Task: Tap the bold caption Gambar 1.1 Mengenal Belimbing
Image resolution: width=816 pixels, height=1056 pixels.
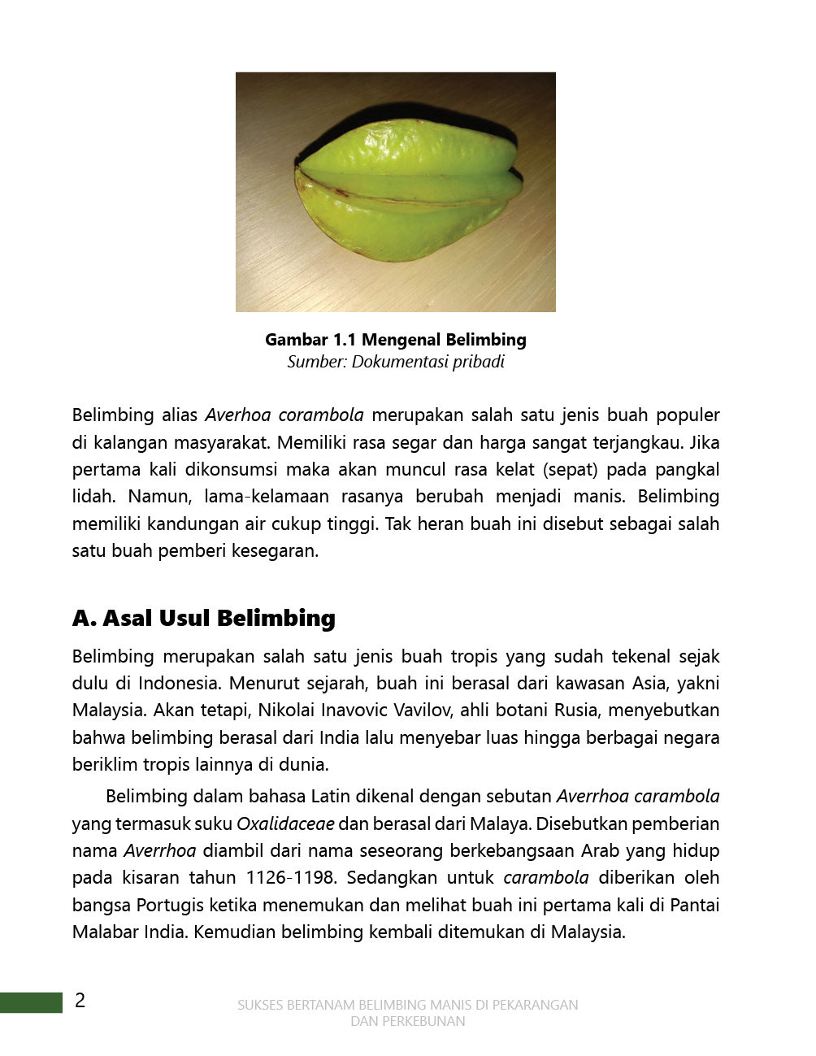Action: coord(396,340)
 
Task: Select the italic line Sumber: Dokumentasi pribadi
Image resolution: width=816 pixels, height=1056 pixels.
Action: coord(396,362)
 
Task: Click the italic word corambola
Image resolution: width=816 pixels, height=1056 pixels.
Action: coord(321,415)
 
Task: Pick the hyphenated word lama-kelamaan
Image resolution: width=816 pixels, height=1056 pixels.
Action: coord(267,496)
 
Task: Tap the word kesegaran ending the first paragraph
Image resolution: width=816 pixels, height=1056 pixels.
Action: coord(276,550)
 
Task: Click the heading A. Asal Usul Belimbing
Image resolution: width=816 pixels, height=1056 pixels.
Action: coord(204,618)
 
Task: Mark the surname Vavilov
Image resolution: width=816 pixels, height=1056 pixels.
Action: coord(422,710)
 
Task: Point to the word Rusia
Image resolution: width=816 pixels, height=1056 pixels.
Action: coord(575,710)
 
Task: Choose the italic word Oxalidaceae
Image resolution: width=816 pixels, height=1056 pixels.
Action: coord(285,824)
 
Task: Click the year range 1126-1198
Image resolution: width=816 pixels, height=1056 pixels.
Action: coord(290,877)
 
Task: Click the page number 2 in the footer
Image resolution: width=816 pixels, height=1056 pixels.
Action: coord(80,1001)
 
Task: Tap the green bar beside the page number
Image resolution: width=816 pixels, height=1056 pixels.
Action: coord(31,1002)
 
